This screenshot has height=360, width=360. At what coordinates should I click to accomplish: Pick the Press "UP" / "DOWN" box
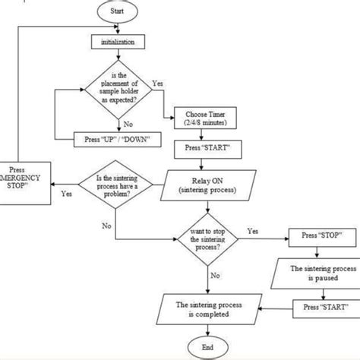114,140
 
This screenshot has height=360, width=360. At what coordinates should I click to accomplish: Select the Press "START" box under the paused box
321,307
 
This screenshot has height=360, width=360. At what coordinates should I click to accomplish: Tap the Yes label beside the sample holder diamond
158,82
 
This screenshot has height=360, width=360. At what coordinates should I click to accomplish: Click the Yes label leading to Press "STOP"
253,230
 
